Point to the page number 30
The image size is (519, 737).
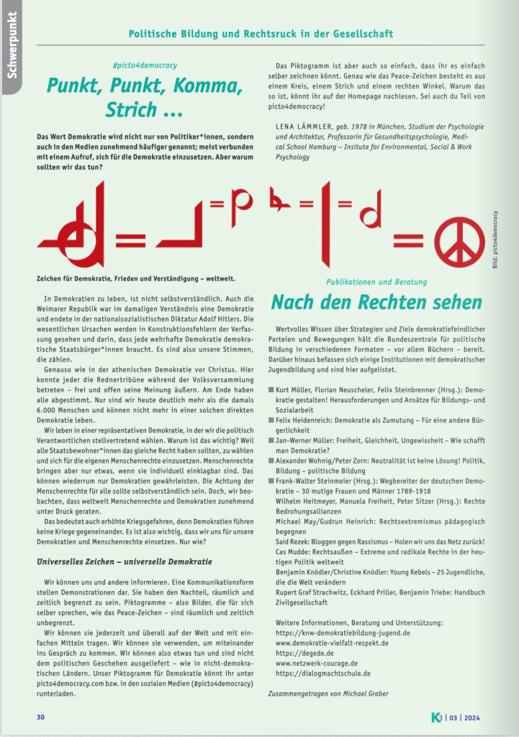[41, 717]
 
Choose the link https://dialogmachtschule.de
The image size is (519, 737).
[323, 673]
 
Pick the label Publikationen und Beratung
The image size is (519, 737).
[376, 281]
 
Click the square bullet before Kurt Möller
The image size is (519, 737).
[271, 389]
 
